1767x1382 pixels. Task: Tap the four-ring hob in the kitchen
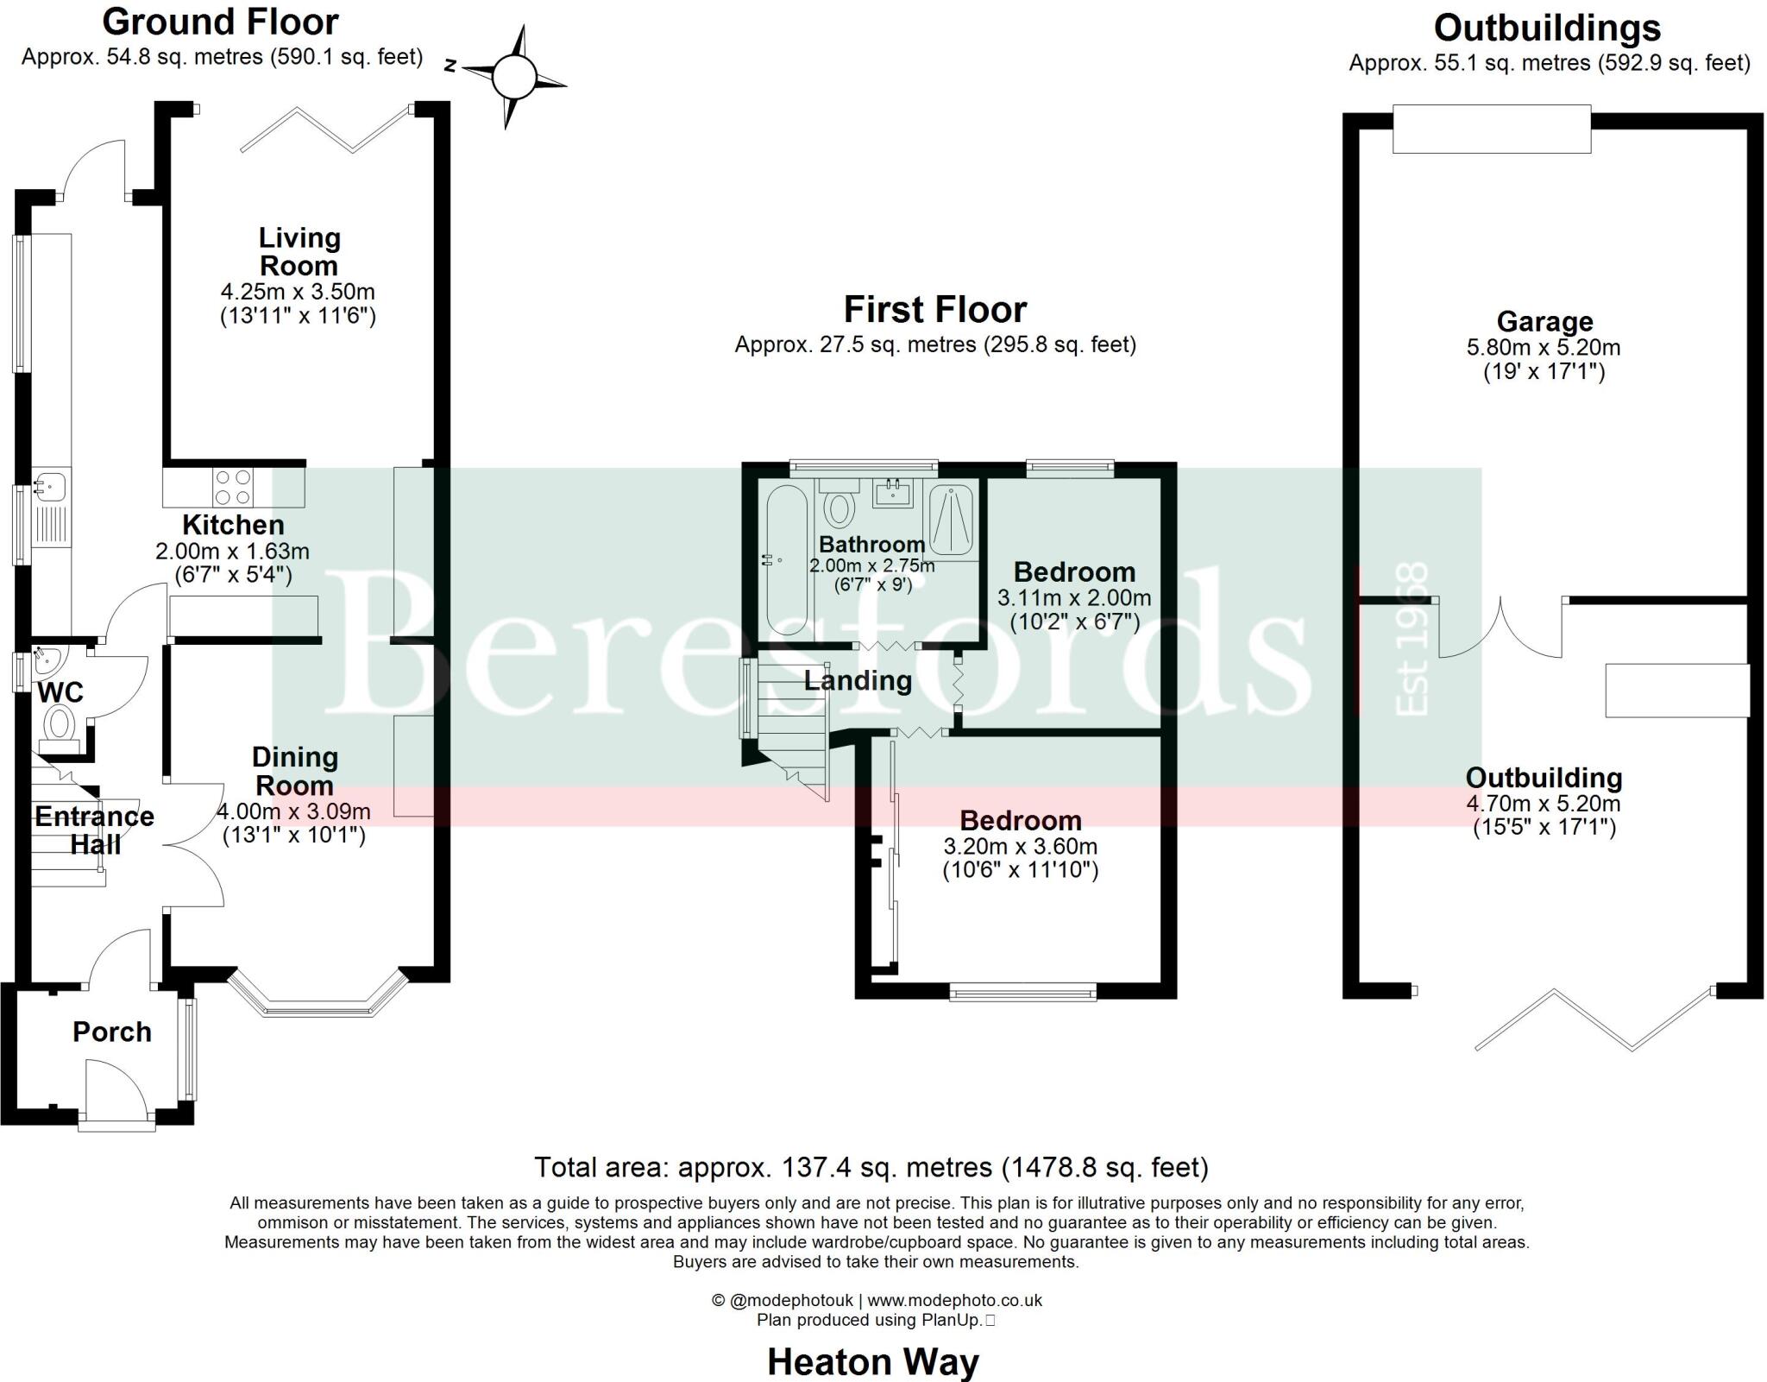[x=233, y=486]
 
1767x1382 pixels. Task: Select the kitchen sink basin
[x=45, y=486]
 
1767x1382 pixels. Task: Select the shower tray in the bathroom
[x=951, y=519]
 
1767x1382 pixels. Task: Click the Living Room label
[x=299, y=251]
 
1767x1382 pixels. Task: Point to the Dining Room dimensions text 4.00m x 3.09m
[x=293, y=811]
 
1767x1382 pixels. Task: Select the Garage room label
[x=1544, y=322]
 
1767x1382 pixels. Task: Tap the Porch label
[x=112, y=1032]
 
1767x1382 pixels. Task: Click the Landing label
[x=858, y=681]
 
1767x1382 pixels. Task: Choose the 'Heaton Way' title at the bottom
[x=873, y=1362]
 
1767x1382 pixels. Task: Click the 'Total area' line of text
[x=871, y=1167]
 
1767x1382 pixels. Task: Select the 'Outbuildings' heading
[x=1547, y=28]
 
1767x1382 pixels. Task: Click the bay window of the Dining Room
[x=317, y=1001]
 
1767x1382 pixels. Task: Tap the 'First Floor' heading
[x=935, y=309]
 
